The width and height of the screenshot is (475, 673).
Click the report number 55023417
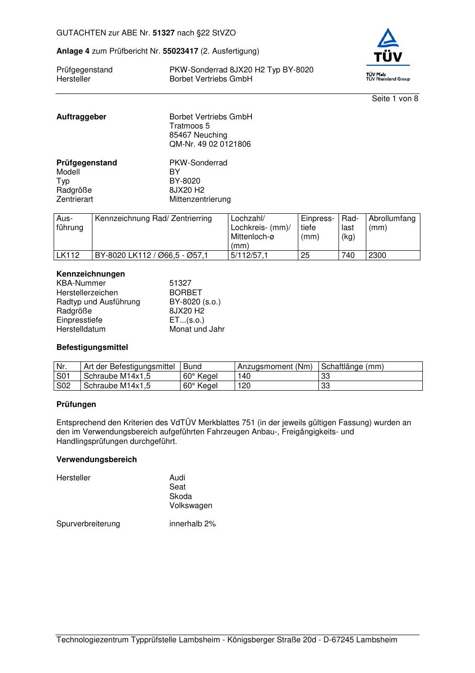(x=181, y=51)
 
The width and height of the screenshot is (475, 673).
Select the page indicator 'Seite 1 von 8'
(x=395, y=99)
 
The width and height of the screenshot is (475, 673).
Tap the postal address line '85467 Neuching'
(x=198, y=135)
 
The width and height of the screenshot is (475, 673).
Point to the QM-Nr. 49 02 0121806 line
(x=210, y=144)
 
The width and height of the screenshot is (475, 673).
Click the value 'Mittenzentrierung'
(x=200, y=199)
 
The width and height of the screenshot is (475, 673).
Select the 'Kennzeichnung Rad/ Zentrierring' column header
(x=153, y=219)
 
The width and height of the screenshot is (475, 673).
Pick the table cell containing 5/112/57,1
(x=249, y=255)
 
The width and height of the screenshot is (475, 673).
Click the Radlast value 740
(x=348, y=255)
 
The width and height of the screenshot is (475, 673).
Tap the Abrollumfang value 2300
(x=377, y=255)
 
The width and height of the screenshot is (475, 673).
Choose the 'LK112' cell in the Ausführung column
(x=68, y=255)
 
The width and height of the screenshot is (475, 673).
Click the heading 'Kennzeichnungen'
(x=90, y=274)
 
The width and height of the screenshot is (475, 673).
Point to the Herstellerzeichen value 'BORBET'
(x=186, y=293)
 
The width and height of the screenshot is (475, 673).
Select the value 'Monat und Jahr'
(x=197, y=329)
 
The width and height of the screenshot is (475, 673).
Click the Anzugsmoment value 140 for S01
(x=244, y=376)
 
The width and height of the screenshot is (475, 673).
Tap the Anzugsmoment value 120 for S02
(x=244, y=386)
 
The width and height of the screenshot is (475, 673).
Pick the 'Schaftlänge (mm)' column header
(x=352, y=367)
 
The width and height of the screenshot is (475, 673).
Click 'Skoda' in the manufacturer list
(x=181, y=497)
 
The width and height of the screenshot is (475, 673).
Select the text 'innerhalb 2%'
(x=192, y=524)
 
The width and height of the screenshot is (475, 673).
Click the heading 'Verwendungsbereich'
(x=97, y=460)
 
